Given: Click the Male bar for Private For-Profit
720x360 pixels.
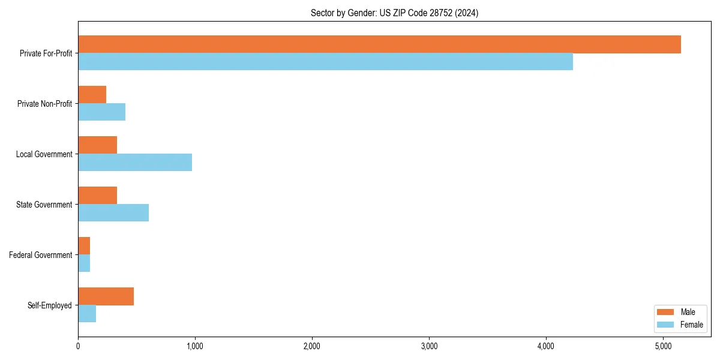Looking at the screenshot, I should [x=379, y=44].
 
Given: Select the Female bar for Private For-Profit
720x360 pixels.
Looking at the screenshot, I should [x=325, y=62].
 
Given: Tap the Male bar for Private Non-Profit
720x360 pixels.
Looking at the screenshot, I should [x=92, y=95].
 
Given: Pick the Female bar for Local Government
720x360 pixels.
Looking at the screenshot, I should [x=135, y=163].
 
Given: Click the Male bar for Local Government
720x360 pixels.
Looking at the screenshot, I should [x=98, y=145].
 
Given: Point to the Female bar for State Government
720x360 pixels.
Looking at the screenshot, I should [x=113, y=213].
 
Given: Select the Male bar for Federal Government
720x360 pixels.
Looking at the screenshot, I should [x=84, y=246].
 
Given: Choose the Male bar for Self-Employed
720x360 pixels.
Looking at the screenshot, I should [x=106, y=296].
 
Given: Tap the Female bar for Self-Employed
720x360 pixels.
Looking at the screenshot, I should [x=87, y=314].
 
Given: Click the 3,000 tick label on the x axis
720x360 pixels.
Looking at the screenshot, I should [x=428, y=346].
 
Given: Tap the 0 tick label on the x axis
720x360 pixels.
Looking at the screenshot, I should [x=78, y=346].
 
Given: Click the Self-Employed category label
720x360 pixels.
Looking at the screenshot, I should [x=50, y=305].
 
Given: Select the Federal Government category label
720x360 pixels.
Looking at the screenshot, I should [x=41, y=255].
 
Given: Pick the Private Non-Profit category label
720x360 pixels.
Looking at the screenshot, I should [x=45, y=104].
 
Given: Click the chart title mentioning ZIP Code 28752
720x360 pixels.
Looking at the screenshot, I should [x=394, y=13].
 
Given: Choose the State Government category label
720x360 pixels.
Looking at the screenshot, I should [x=44, y=205].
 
